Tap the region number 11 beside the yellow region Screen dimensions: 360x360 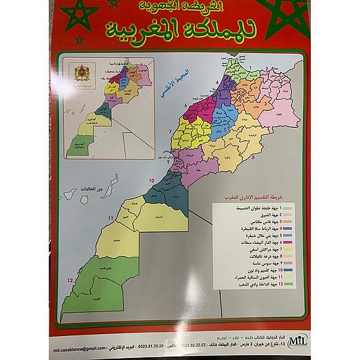pyautogui.click(x=109, y=220)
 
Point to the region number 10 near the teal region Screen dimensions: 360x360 pyautogui.click(x=149, y=181)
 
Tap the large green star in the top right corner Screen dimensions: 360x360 pyautogui.click(x=287, y=15)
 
